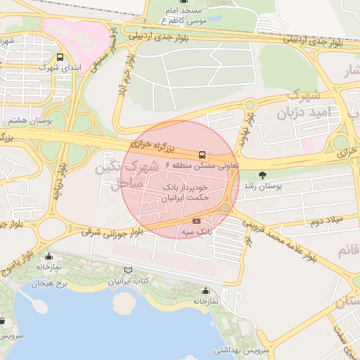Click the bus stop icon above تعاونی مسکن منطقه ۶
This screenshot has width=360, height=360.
click(x=202, y=154)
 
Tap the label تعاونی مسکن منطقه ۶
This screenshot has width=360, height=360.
click(x=202, y=165)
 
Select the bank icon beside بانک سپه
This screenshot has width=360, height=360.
click(x=196, y=221)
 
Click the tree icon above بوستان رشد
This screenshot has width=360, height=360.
click(x=263, y=175)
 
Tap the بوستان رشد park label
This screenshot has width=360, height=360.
click(x=262, y=186)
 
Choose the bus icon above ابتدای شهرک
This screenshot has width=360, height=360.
click(x=60, y=57)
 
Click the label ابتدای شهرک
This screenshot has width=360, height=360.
click(x=60, y=67)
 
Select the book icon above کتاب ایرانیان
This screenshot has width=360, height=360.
click(x=127, y=270)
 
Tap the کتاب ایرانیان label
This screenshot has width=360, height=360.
click(x=127, y=281)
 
